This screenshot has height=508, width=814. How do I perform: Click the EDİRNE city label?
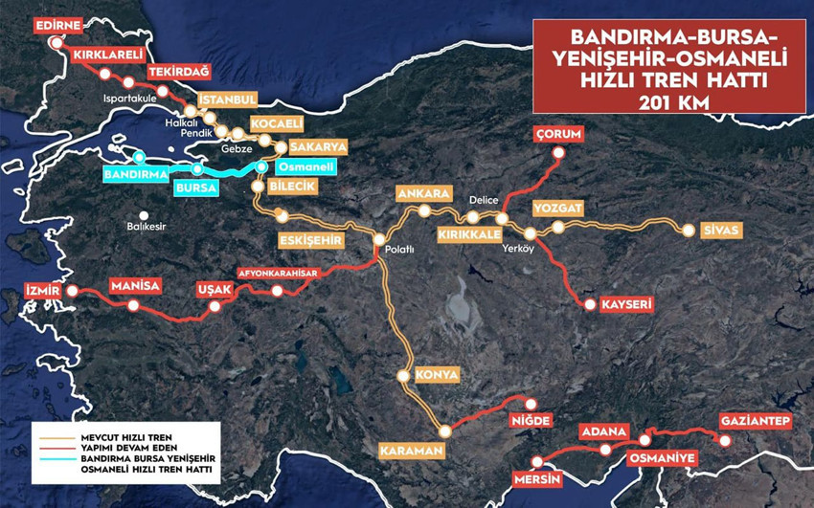tap(58, 25)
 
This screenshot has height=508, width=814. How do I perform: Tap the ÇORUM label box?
tap(559, 135)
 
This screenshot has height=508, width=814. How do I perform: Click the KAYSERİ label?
tap(626, 305)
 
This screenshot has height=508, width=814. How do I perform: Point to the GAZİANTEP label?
tap(756, 422)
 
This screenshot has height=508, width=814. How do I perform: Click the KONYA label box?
tap(436, 375)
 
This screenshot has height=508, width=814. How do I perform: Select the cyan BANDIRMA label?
tap(135, 176)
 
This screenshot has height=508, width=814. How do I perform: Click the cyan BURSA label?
tap(195, 188)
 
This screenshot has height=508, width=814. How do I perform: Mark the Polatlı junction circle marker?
tap(379, 240)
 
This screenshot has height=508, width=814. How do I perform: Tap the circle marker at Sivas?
tap(686, 230)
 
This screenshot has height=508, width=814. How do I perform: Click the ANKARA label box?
tap(422, 194)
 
